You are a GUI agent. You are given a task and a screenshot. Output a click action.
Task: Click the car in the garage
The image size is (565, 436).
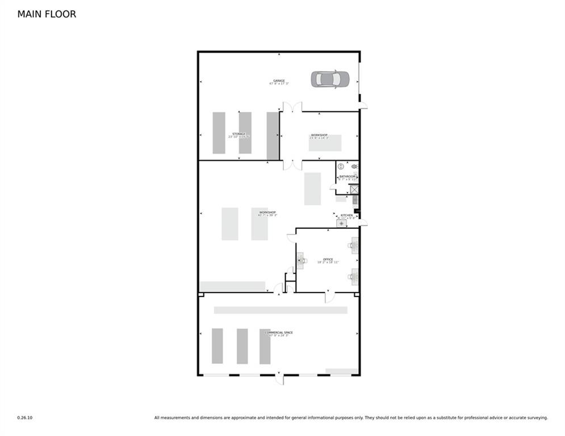point(329,79)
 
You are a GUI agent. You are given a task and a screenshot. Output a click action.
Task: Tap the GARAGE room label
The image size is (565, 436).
point(279,81)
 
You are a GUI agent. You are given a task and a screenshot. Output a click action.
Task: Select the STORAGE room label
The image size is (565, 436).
point(238,134)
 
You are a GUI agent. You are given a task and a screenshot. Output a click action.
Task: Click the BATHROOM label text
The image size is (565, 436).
point(347,177)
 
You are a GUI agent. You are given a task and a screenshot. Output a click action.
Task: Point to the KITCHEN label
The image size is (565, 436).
point(346,215)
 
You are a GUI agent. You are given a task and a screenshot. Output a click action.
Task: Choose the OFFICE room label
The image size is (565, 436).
point(328,259)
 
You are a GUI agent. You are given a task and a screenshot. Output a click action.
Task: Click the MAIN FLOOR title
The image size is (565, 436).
point(47,14)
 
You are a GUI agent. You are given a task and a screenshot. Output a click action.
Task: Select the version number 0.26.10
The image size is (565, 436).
point(24,418)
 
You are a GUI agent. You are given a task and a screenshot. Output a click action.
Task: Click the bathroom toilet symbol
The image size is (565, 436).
point(354,166)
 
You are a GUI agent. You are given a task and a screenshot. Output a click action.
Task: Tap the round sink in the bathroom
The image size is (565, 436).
point(341,167)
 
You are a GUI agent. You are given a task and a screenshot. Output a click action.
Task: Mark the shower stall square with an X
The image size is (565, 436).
point(354,190)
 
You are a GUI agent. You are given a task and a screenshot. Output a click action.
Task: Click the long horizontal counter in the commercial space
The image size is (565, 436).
point(281,310)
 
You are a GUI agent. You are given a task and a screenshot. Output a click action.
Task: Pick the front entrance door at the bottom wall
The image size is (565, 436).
point(279,378)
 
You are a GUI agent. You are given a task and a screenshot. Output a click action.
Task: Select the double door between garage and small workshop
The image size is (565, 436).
point(291,107)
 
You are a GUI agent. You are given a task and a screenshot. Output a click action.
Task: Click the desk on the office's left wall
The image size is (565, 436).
point(300,261)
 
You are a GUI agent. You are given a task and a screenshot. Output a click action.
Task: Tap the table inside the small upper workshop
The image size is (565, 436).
point(325,143)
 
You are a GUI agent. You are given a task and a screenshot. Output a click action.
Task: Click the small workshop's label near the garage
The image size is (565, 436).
point(319,135)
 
